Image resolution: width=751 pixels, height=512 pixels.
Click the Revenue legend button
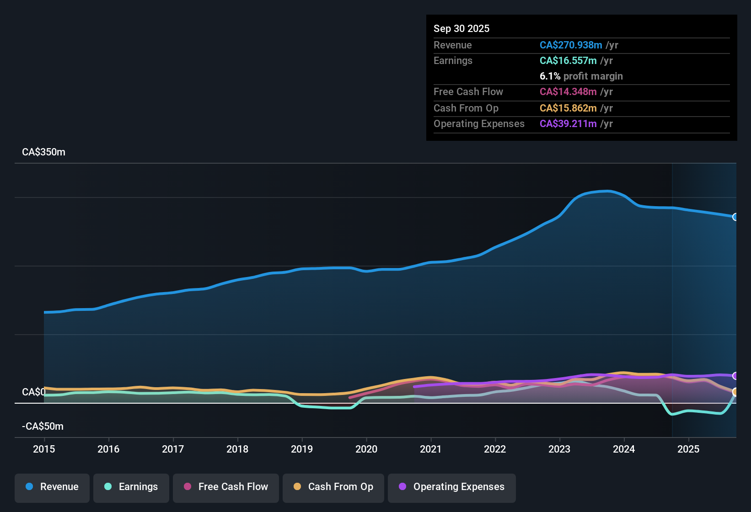click(52, 487)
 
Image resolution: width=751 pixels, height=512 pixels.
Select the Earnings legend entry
click(131, 487)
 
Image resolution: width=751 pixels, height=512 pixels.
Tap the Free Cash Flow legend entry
click(226, 487)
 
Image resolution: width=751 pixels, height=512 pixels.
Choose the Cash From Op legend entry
click(333, 487)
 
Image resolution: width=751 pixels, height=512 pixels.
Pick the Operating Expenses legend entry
click(452, 487)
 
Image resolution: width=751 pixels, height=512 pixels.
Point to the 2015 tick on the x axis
click(44, 449)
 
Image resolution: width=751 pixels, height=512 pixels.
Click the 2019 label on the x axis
click(302, 449)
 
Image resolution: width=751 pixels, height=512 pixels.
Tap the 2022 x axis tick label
click(495, 449)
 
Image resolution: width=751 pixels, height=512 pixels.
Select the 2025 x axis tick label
click(688, 449)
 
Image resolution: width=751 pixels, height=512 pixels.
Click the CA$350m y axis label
click(43, 152)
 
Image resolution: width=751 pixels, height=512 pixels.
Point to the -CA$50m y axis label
click(43, 427)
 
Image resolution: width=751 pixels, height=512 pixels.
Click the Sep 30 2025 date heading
click(461, 29)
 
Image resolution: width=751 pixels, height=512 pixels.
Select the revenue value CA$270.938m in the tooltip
click(570, 45)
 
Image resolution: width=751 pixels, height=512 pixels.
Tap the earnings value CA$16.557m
click(568, 61)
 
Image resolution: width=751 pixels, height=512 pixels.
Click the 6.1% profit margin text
click(581, 76)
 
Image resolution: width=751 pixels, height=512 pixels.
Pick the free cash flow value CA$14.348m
click(568, 92)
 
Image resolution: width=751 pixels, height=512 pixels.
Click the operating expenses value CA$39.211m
click(568, 124)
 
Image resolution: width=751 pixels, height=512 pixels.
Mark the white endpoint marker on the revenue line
click(735, 217)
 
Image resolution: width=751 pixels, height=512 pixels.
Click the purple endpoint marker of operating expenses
click(735, 376)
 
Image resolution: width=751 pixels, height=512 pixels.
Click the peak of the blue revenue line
click(607, 191)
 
